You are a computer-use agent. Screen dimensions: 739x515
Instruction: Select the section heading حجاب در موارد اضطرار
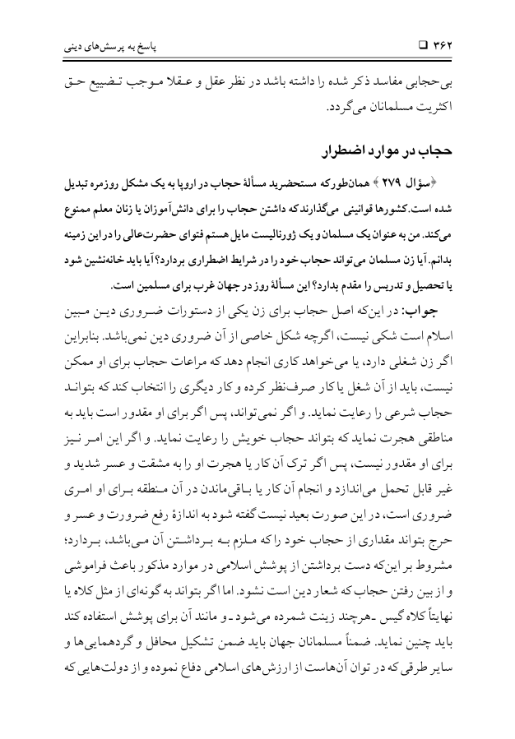click(x=394, y=155)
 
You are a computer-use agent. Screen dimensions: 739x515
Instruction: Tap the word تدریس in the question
click(x=397, y=285)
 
